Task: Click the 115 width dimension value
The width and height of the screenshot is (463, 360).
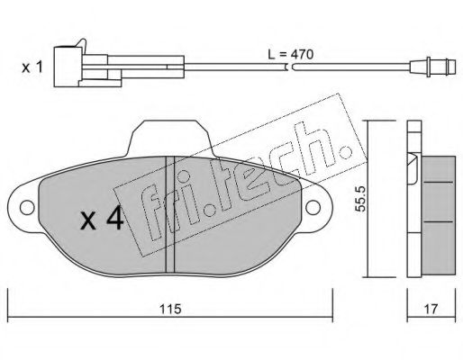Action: (x=170, y=309)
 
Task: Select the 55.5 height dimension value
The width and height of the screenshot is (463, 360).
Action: (x=360, y=198)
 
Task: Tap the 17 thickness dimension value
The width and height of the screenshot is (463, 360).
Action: (x=431, y=309)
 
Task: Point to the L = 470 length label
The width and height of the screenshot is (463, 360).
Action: (x=290, y=55)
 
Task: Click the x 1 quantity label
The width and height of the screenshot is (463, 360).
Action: (x=32, y=67)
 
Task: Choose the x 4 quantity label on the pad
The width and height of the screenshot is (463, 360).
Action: (x=102, y=218)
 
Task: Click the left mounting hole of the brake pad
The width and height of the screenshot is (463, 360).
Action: (x=27, y=208)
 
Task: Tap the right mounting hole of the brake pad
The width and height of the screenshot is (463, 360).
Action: (x=313, y=208)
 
